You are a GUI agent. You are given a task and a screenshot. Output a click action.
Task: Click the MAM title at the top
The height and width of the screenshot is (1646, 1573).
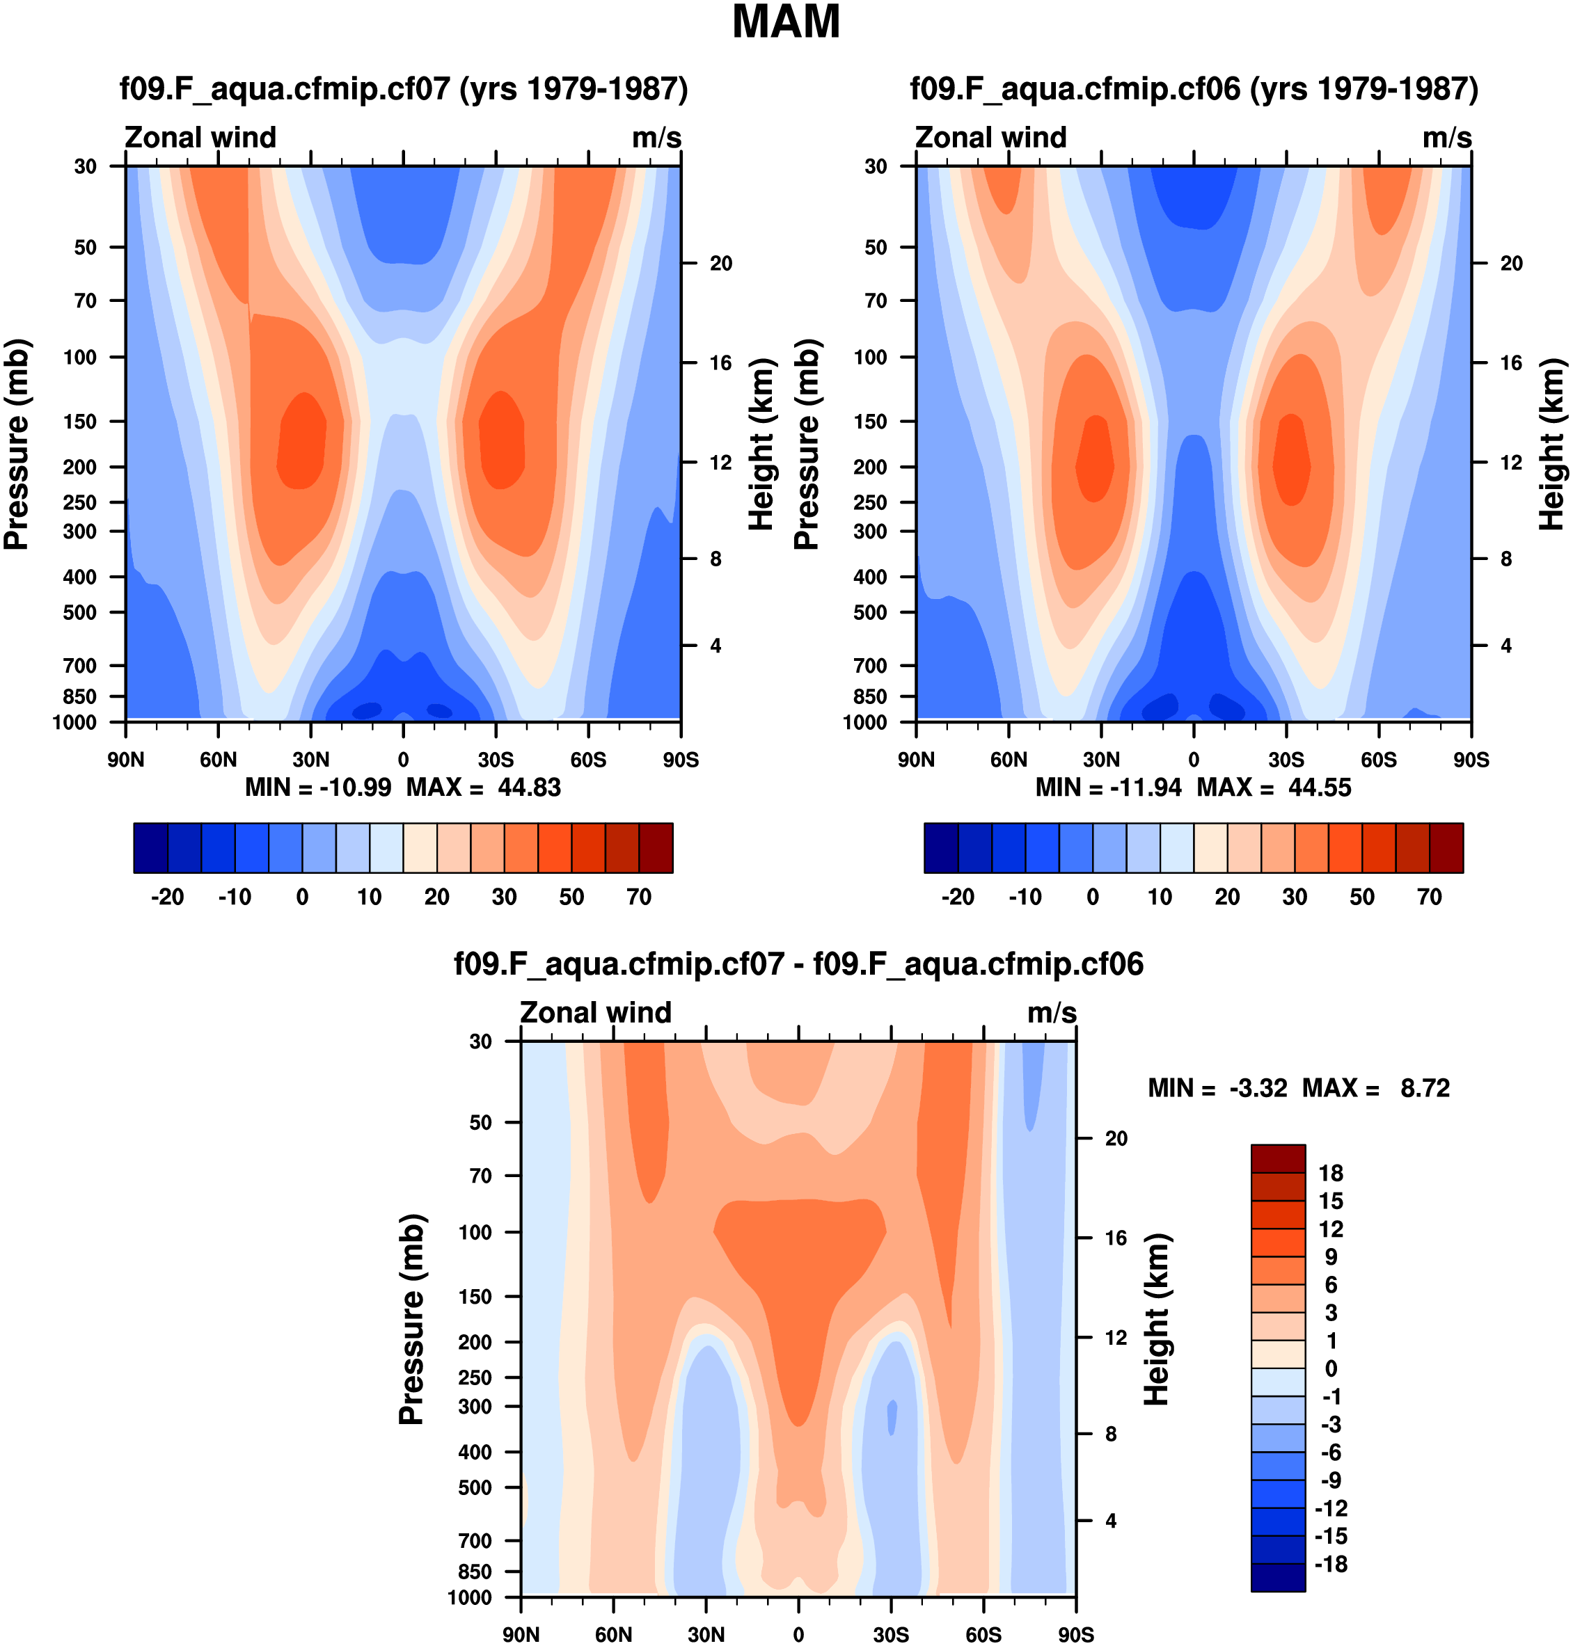pos(786,22)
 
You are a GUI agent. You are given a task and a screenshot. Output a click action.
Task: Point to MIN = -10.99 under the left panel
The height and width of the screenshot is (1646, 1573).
pos(318,787)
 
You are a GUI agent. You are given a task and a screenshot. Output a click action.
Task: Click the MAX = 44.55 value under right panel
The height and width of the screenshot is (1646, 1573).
pos(1274,787)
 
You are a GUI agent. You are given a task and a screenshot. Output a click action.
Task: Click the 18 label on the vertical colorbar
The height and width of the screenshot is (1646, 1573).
pos(1331,1174)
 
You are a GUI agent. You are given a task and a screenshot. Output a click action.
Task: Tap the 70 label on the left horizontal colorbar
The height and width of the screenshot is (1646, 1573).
pos(639,897)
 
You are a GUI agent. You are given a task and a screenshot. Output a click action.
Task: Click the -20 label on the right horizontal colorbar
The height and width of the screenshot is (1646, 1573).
pos(958,897)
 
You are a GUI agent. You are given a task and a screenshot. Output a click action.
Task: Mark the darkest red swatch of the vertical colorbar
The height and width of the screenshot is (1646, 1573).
pos(1278,1158)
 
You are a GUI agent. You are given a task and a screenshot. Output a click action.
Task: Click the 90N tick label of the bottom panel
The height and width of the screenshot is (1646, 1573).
pos(521,1634)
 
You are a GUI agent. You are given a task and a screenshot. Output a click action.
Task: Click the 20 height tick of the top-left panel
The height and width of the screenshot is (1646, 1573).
pos(721,263)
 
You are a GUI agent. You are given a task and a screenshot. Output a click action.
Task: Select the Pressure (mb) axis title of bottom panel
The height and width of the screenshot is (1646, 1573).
pos(411,1319)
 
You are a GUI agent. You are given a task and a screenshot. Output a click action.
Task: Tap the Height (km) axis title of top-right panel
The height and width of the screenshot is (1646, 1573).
pos(1551,444)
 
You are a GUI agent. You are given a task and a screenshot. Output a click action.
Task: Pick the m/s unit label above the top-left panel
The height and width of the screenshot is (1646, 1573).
pos(656,138)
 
